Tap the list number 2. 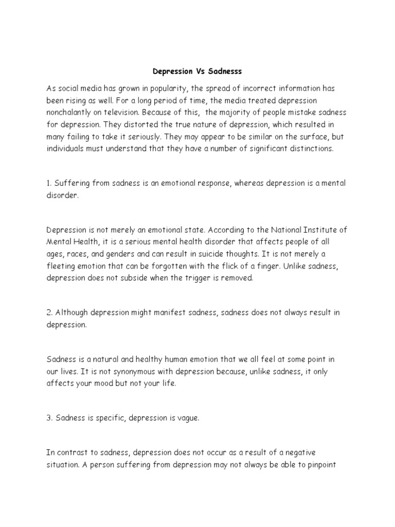pyautogui.click(x=49, y=313)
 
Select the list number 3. pyautogui.click(x=49, y=418)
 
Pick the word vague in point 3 pyautogui.click(x=186, y=418)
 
